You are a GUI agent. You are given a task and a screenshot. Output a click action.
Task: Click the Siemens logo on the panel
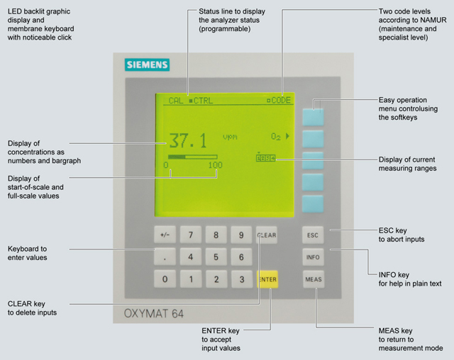(x=148, y=65)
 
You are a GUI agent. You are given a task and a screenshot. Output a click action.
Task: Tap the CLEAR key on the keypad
(x=267, y=235)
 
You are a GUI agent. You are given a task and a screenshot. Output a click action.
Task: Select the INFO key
(x=313, y=257)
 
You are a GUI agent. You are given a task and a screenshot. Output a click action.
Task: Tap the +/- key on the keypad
(x=165, y=235)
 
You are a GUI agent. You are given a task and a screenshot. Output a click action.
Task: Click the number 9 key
(x=241, y=235)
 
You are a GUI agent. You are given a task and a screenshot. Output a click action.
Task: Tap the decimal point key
(x=165, y=257)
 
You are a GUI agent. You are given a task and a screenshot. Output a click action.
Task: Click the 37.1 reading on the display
(x=188, y=140)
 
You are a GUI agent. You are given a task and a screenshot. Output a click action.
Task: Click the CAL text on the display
(x=175, y=101)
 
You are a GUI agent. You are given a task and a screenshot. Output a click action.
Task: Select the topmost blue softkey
(x=313, y=116)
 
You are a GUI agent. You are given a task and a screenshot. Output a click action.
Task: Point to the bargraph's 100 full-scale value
(x=215, y=165)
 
